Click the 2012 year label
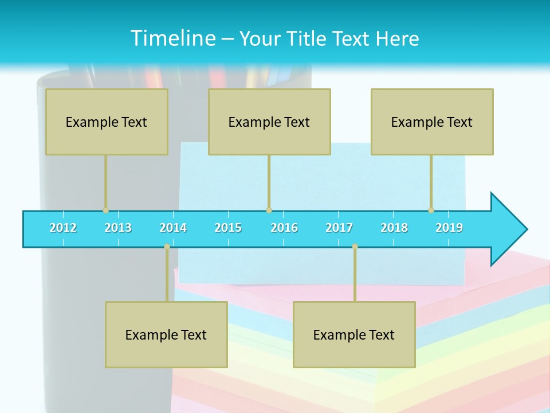tap(63, 228)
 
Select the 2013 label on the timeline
tap(118, 228)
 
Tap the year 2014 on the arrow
tap(173, 228)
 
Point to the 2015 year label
tap(228, 228)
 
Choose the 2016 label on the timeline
tap(284, 228)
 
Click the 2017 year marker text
tap(339, 228)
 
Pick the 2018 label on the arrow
tap(394, 228)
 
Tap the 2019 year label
tap(449, 228)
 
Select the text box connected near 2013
tap(107, 122)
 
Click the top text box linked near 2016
tap(269, 122)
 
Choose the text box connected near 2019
tap(432, 122)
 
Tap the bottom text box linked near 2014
tap(166, 334)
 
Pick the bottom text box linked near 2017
tap(354, 334)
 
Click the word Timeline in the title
tap(172, 38)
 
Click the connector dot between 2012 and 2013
tap(105, 211)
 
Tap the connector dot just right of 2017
tap(355, 247)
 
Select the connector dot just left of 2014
tap(167, 247)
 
